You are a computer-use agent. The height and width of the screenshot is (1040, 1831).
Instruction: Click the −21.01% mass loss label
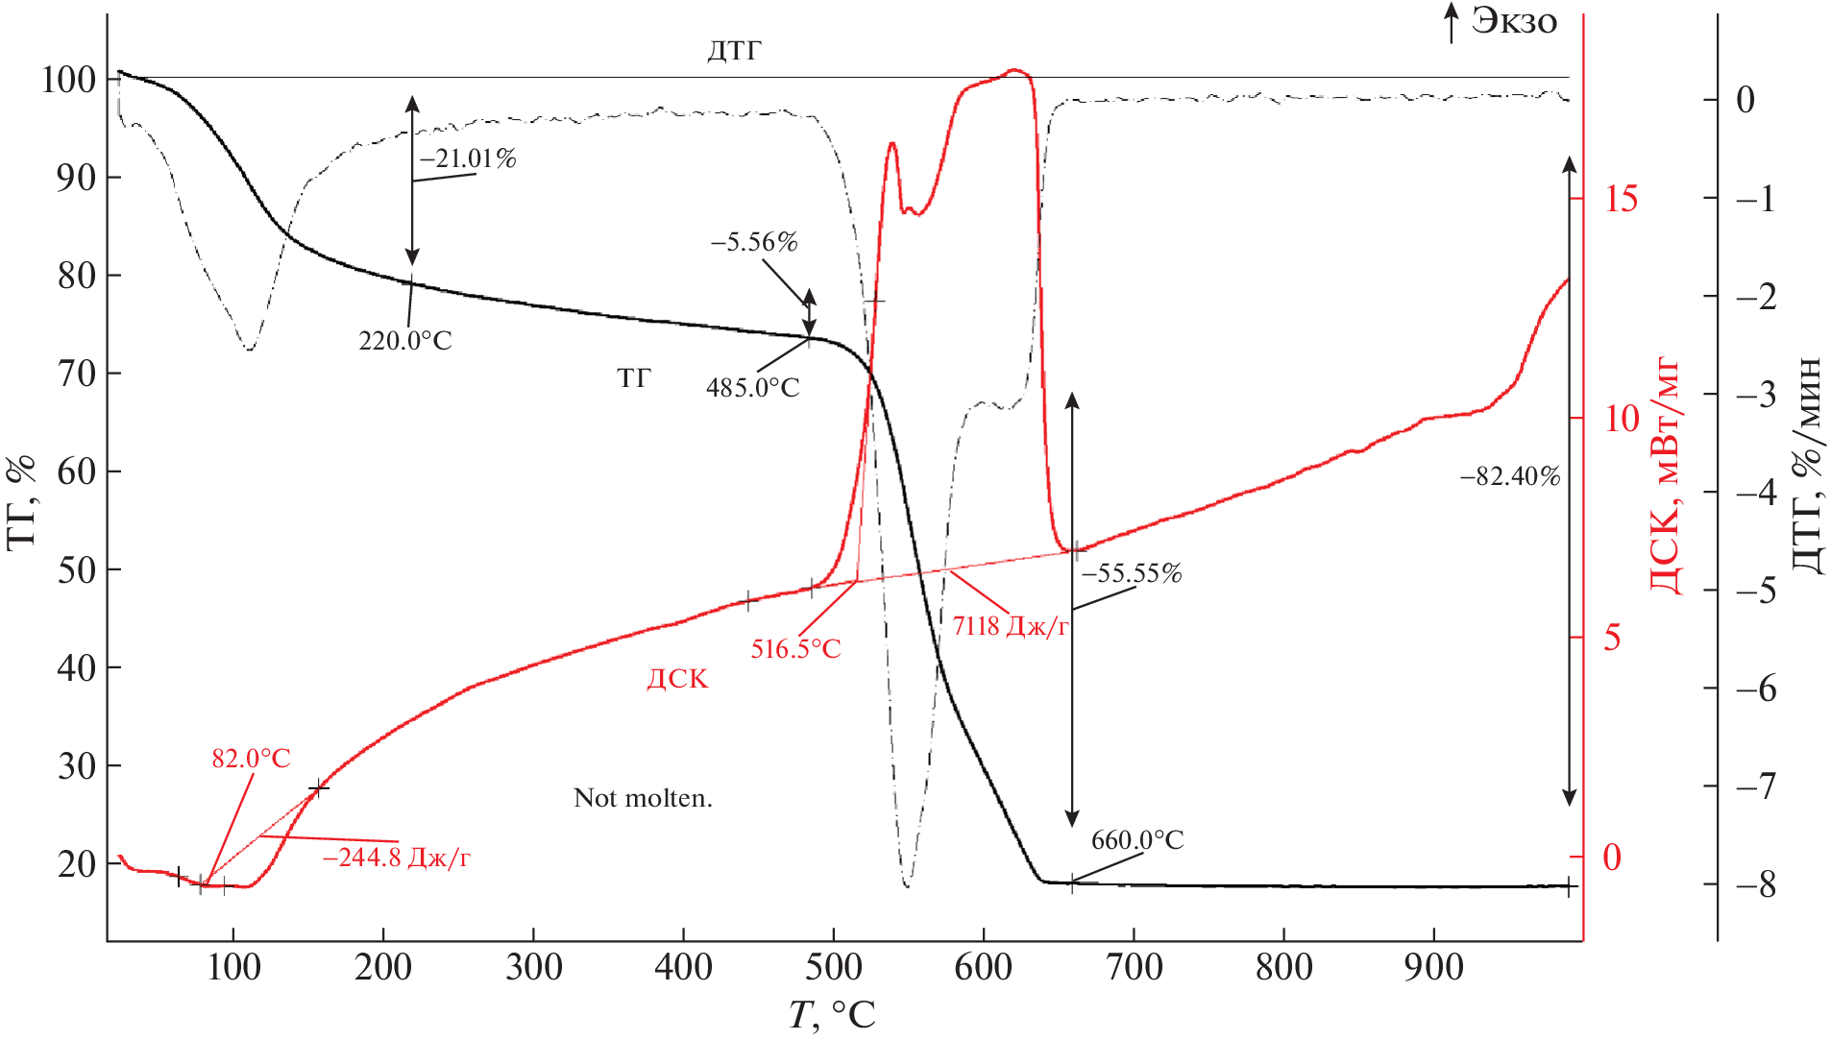coord(468,158)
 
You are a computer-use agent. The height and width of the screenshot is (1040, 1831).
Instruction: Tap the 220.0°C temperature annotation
coord(404,341)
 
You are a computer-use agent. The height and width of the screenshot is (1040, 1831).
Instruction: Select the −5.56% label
coord(754,242)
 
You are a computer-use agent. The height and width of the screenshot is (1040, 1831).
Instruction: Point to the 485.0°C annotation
coord(752,388)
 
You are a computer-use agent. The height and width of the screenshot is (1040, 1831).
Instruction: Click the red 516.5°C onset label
coord(795,649)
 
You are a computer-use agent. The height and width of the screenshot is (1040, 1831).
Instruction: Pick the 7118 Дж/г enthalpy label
coord(1011,626)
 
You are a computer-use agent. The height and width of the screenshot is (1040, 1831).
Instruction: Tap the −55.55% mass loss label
coord(1132,574)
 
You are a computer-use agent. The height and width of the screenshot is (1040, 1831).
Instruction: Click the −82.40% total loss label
coord(1510,476)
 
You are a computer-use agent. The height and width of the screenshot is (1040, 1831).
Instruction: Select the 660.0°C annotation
coord(1137,840)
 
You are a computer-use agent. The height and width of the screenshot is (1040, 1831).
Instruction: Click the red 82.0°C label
coord(251,759)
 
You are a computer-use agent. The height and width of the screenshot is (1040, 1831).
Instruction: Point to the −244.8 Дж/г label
coord(396,858)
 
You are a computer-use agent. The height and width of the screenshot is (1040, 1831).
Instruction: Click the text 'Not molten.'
coord(643,798)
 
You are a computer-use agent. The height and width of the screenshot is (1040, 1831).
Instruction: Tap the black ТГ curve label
coord(634,378)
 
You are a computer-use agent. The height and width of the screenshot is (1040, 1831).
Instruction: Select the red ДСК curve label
coord(677,679)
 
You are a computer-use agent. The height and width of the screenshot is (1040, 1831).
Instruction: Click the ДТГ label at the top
coord(735,50)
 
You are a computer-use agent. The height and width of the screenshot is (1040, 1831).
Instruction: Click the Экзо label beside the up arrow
coord(1514,21)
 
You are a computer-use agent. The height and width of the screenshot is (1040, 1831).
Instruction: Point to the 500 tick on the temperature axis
coord(834,966)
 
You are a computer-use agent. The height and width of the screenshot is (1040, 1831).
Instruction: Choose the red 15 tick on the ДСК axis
coord(1622,199)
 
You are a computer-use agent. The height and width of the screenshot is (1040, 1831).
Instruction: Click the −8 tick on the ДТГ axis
coord(1756,884)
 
